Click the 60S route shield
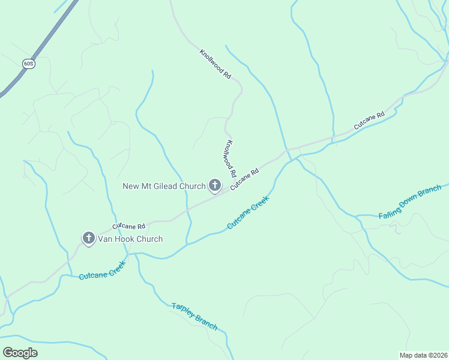[x=28, y=63]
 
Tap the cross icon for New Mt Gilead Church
[x=214, y=186]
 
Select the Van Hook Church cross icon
[x=88, y=239]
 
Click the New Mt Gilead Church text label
[x=164, y=186]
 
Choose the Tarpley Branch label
[x=194, y=316]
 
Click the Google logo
[x=20, y=353]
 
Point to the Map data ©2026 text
[x=423, y=355]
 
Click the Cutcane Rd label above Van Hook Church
[x=129, y=226]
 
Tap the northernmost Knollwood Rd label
[x=215, y=65]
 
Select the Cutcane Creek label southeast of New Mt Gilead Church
[x=247, y=214]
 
